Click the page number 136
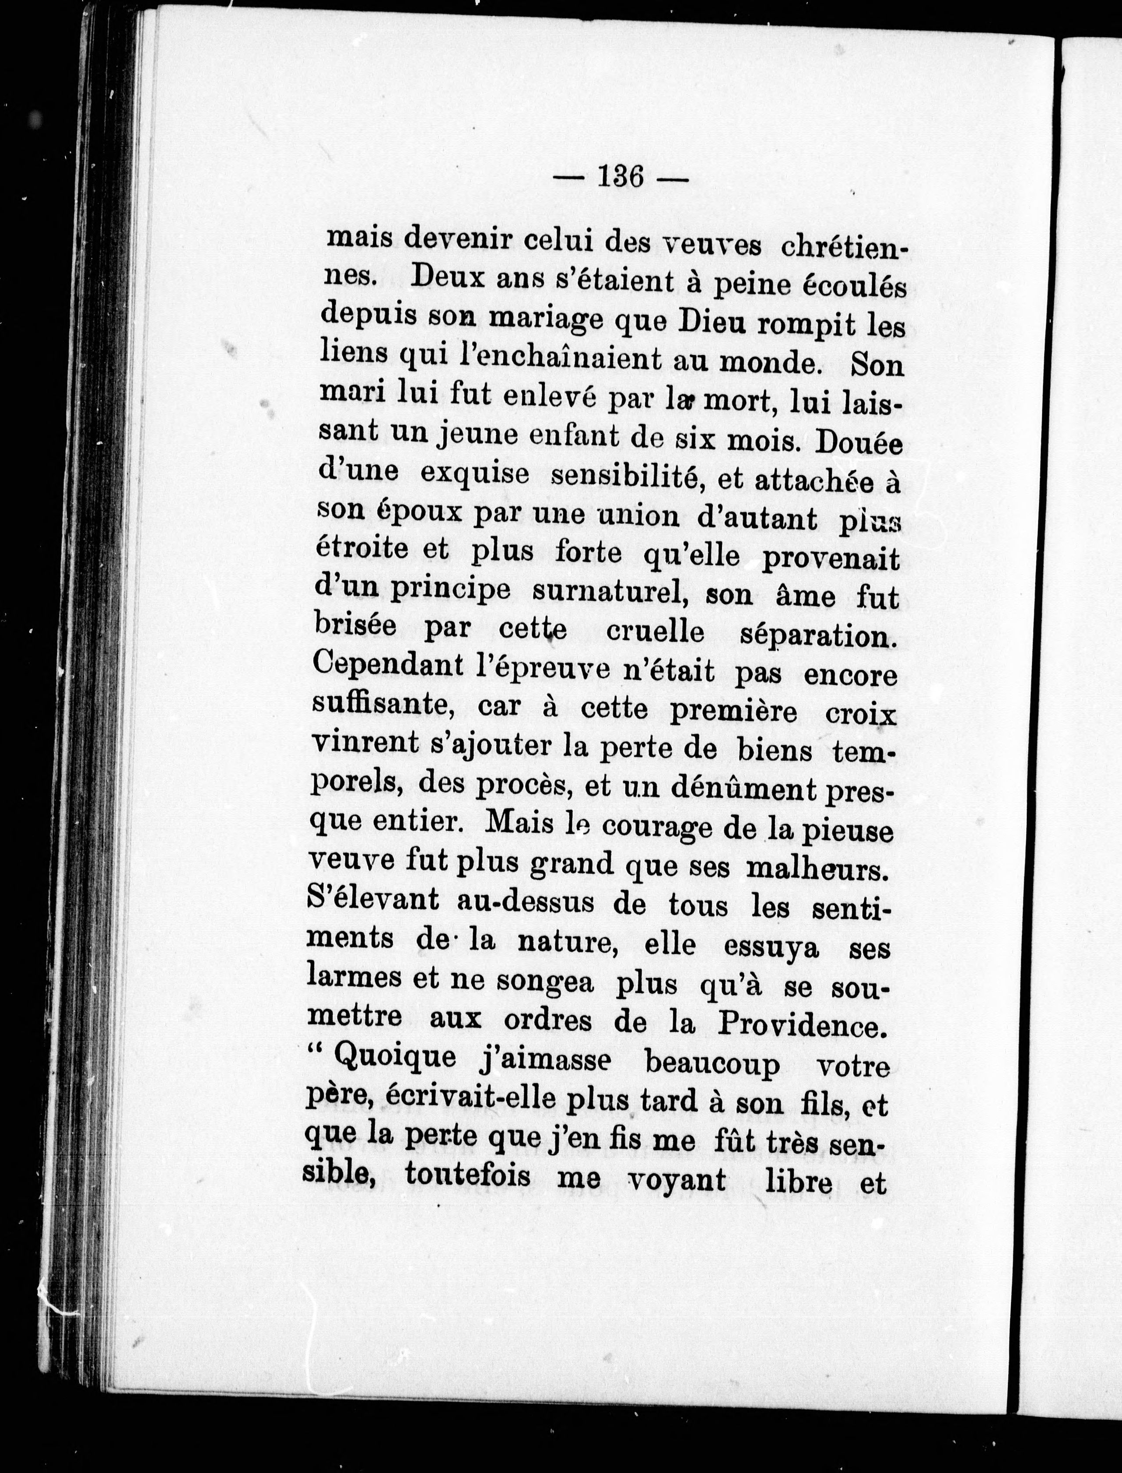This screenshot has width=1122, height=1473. (x=621, y=178)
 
